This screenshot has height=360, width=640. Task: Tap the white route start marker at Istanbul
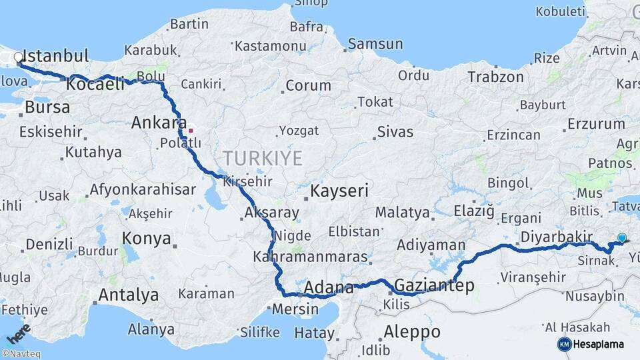(x=19, y=58)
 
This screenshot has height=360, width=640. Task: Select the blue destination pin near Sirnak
(x=622, y=237)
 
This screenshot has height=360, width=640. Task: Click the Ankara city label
(x=159, y=122)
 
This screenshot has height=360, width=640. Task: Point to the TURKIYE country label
(x=262, y=158)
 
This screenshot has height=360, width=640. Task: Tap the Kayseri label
(x=339, y=191)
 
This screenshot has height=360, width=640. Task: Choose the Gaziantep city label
(x=434, y=286)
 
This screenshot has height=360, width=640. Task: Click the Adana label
(x=329, y=288)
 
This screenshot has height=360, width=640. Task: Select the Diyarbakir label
(x=557, y=237)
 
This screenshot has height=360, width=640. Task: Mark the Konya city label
(x=147, y=238)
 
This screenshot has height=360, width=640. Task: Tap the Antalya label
(x=129, y=295)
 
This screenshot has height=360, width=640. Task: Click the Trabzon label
(x=495, y=77)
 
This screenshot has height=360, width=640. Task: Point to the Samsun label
(x=375, y=45)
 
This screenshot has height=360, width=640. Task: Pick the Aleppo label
(x=412, y=331)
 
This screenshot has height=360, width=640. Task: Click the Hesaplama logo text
(x=599, y=344)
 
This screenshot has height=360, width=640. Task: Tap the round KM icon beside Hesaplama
(x=564, y=344)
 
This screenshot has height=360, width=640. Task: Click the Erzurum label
(x=596, y=123)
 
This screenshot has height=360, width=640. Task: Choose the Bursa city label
(x=47, y=107)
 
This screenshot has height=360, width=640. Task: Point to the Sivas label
(x=395, y=131)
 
